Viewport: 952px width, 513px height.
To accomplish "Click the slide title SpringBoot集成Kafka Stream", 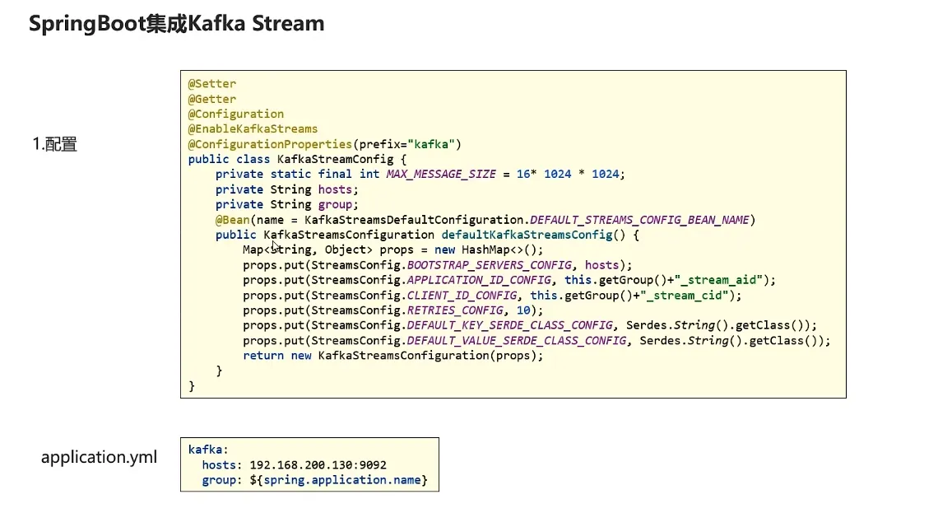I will click(x=176, y=24).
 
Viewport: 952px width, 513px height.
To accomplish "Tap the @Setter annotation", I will click(x=212, y=84).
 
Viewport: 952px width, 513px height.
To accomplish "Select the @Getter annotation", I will click(x=212, y=99).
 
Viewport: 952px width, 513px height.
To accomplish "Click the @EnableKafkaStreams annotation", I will click(x=253, y=128).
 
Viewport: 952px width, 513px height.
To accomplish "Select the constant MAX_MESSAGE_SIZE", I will click(x=441, y=174).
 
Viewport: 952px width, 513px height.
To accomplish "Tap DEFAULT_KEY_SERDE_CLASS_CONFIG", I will click(x=509, y=325).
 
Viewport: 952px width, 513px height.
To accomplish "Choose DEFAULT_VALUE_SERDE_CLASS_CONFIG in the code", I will click(x=516, y=340).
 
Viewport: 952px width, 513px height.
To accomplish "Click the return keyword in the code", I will click(x=263, y=356).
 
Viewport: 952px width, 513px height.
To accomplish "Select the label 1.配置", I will click(x=54, y=145).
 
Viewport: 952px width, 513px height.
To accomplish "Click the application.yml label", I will click(x=99, y=457).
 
